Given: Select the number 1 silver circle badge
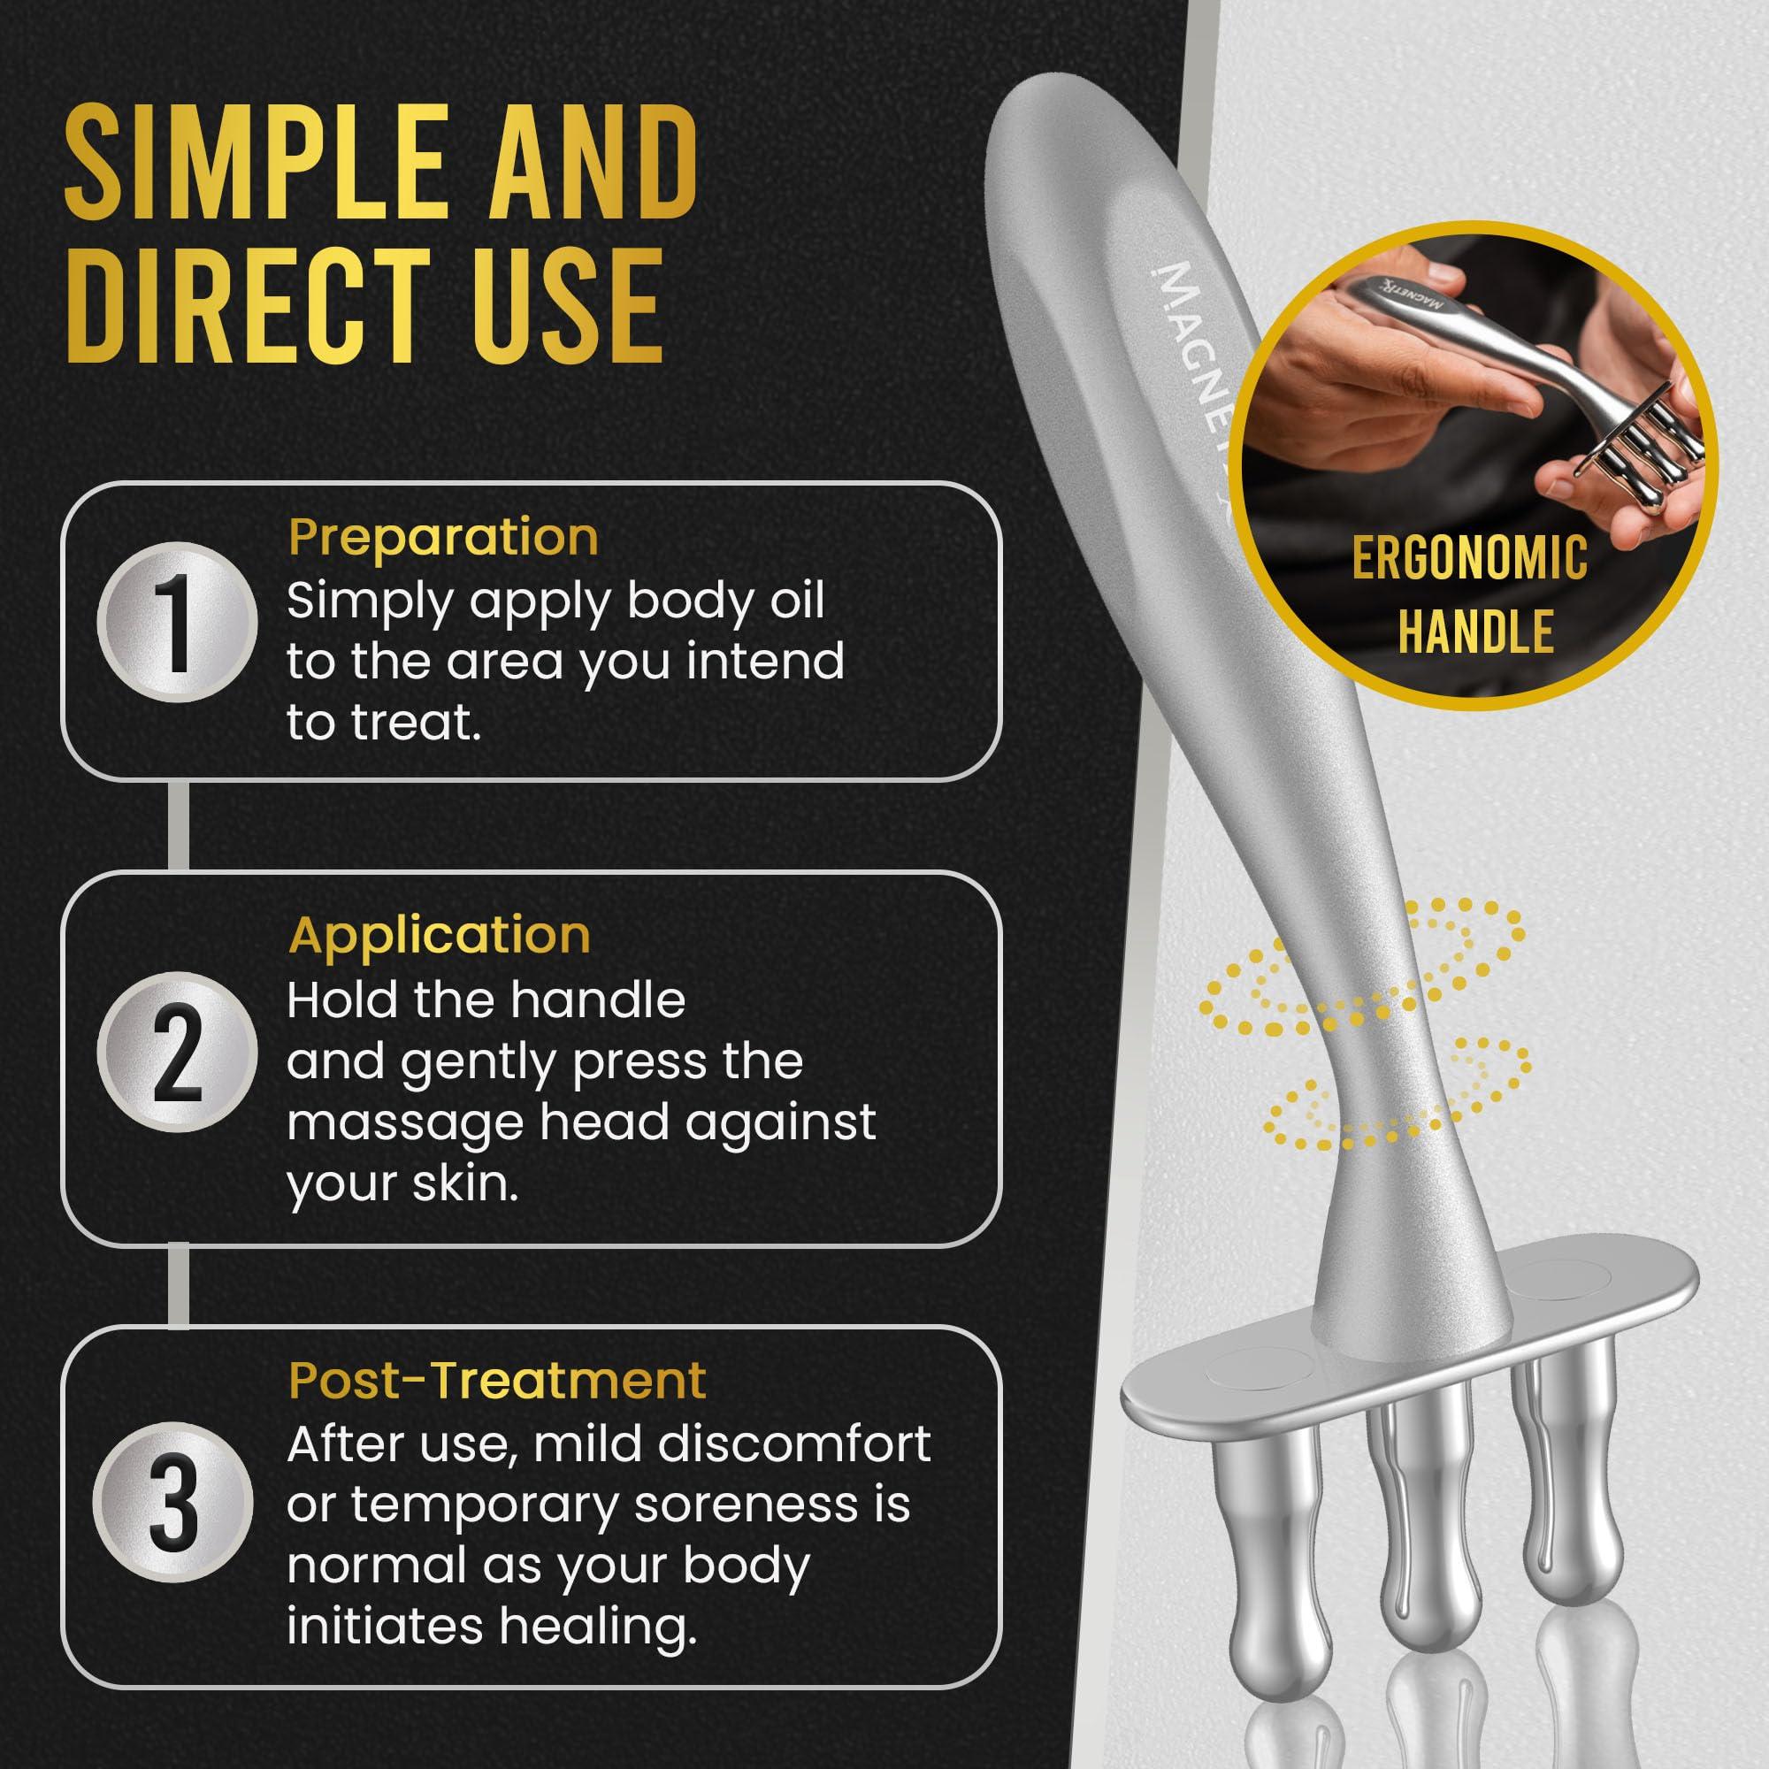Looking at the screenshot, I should tap(178, 623).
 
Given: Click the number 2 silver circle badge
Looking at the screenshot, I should tap(178, 1052).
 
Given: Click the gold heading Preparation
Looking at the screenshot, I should tap(443, 538).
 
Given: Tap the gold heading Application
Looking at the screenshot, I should tap(440, 935).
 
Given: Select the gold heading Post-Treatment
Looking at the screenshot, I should tap(497, 1380).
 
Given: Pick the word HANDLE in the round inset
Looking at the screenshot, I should tap(1476, 631).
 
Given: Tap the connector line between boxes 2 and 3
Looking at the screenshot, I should tap(179, 1284).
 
